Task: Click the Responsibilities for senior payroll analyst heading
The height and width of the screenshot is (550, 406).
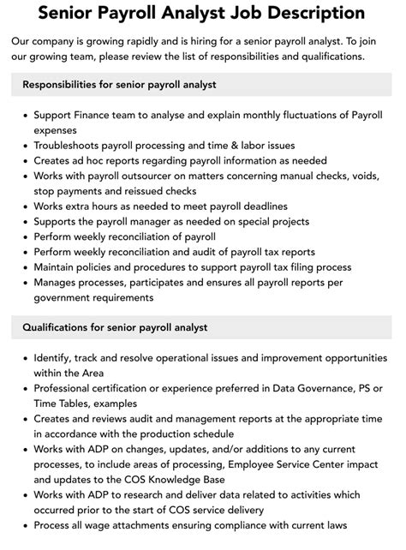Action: [x=119, y=85]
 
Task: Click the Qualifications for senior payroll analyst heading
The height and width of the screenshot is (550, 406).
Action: [x=115, y=327]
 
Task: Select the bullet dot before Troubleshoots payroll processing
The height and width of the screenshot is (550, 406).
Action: [x=22, y=146]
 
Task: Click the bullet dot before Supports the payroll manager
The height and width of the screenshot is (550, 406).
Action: [x=22, y=222]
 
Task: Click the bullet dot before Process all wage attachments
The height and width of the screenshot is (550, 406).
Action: [x=22, y=526]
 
